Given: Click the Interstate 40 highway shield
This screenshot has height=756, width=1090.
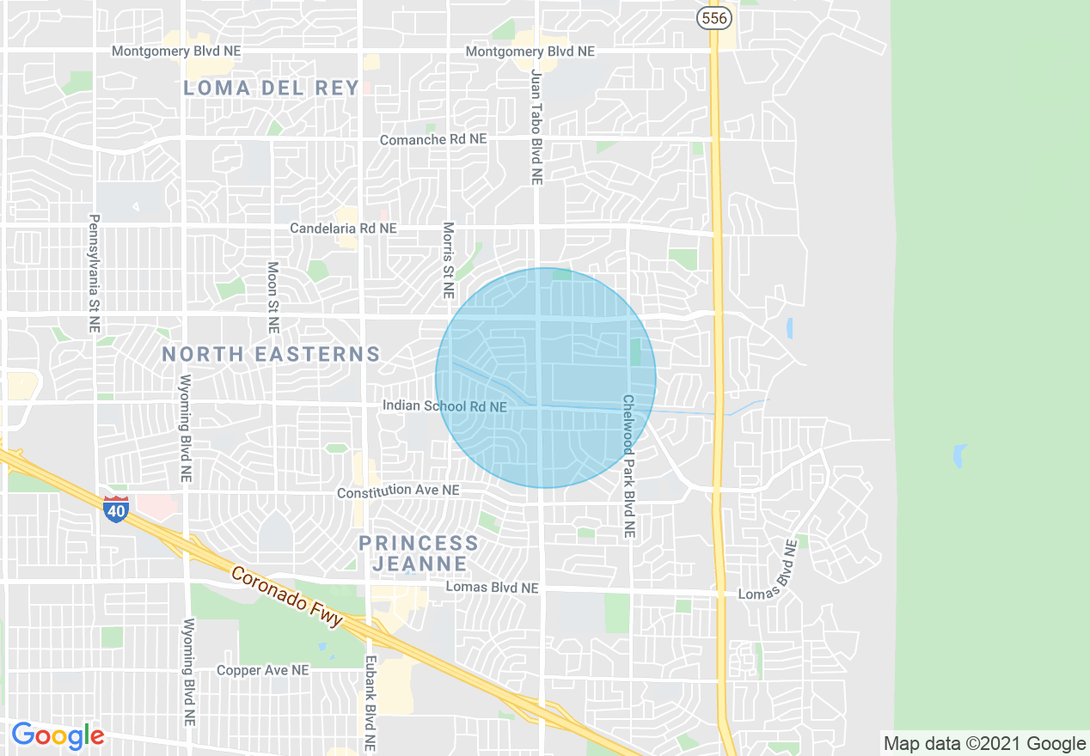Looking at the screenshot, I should click(x=116, y=509).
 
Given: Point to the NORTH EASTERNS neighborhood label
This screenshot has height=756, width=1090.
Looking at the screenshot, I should click(x=271, y=354).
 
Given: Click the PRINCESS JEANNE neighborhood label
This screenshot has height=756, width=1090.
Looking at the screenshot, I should click(x=419, y=553).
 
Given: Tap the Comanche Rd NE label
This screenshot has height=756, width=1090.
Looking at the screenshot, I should click(x=433, y=139).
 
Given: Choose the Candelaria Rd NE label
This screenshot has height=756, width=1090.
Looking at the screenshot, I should click(x=343, y=229).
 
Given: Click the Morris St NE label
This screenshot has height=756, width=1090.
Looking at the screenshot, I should click(x=448, y=260).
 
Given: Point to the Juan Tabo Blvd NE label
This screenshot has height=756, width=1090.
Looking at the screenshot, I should click(x=537, y=127).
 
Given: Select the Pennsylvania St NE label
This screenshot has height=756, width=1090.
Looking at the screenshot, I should click(x=94, y=273).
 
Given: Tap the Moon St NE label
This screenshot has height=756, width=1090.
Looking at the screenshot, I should click(x=272, y=297).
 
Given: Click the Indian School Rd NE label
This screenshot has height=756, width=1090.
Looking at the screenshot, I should click(x=444, y=405).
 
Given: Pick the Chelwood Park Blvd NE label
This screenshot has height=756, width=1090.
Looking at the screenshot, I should click(x=628, y=466).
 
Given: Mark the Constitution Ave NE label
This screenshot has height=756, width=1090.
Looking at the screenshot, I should click(x=398, y=491).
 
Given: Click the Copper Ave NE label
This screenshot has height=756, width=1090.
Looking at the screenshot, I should click(x=262, y=670).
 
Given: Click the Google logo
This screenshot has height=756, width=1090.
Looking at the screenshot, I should click(x=58, y=735).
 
